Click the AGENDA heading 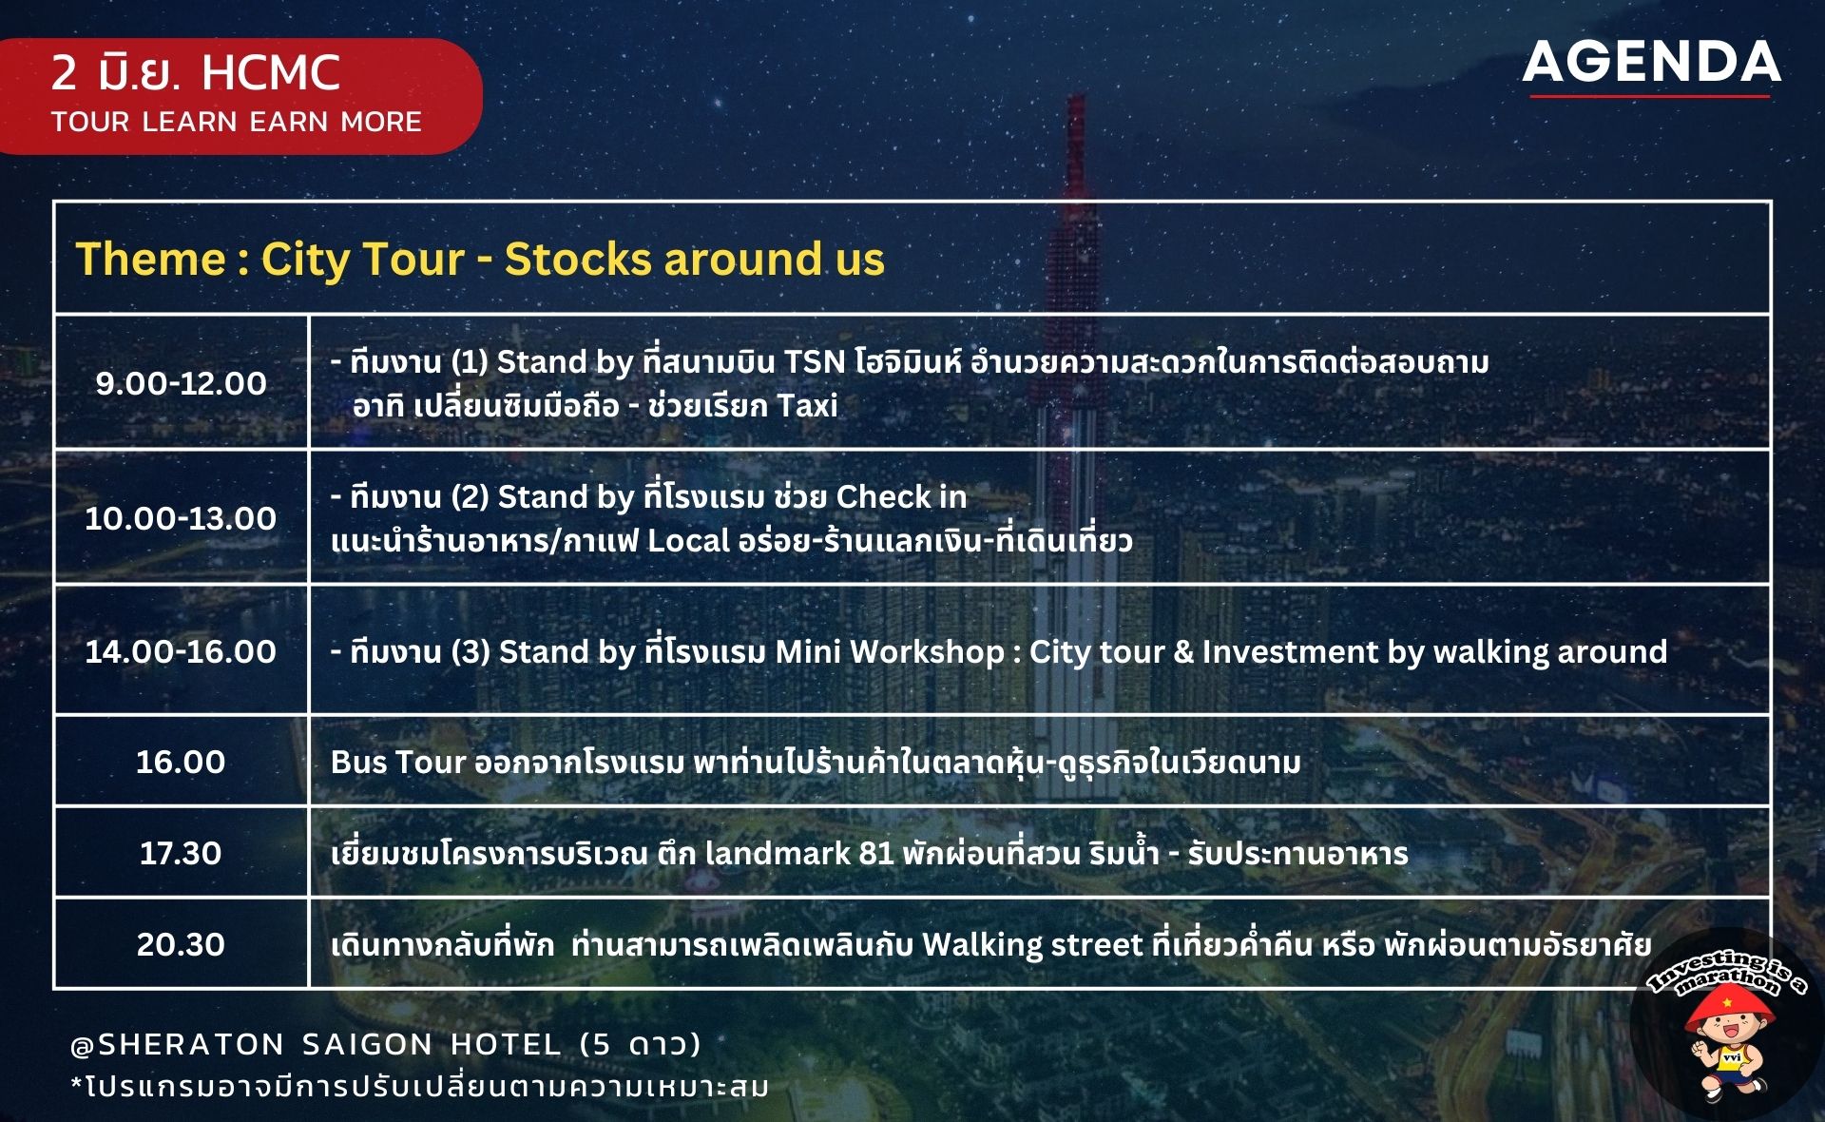click(x=1651, y=63)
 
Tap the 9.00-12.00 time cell click(x=181, y=383)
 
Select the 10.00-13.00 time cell click(x=181, y=518)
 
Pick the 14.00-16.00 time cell click(x=181, y=651)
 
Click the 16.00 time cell click(x=181, y=762)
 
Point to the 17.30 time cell click(x=181, y=853)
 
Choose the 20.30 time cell click(x=181, y=944)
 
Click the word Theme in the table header click(x=151, y=259)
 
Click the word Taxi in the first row click(x=808, y=406)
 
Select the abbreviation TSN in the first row click(x=815, y=362)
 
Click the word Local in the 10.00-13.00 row click(x=691, y=541)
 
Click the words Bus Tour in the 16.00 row click(x=398, y=762)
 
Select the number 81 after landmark click(x=876, y=853)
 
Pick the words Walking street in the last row click(x=1032, y=944)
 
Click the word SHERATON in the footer click(x=191, y=1045)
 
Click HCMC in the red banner click(x=271, y=73)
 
